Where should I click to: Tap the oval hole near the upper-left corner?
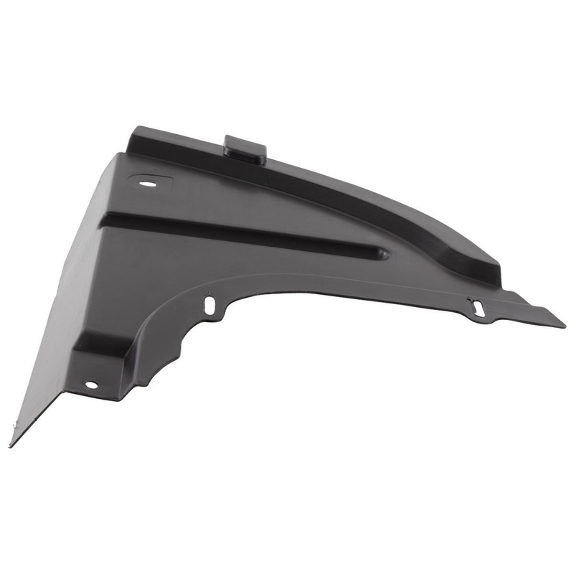coord(149,184)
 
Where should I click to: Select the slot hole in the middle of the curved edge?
coord(210,306)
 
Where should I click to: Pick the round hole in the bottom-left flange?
coord(91,385)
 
